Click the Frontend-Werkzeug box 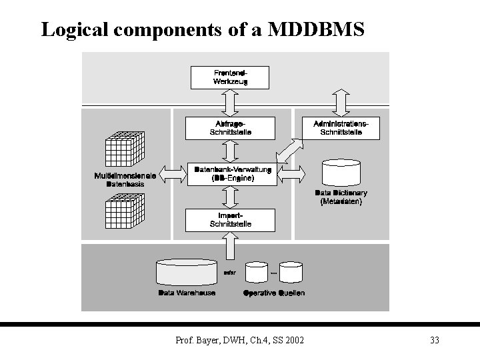click(230, 77)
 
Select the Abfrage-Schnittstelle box click(230, 128)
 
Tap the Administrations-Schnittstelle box click(341, 128)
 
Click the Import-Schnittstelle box click(230, 220)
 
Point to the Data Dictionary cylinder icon click(341, 173)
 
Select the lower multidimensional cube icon click(125, 209)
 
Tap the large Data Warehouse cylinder click(186, 273)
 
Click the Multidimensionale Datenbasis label click(125, 179)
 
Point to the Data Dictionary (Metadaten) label click(341, 197)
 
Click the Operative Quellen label click(274, 293)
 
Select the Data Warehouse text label click(187, 293)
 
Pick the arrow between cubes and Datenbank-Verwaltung click(171, 175)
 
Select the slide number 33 click(434, 341)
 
